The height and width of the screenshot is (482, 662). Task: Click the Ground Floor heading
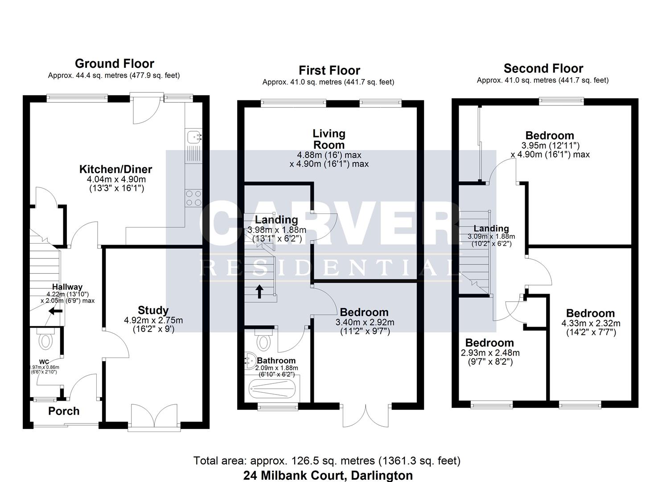pos(114,63)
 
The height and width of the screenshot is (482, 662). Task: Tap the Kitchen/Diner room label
pos(115,169)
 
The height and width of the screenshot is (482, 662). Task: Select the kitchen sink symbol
pos(194,137)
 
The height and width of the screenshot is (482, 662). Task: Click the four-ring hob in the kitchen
pos(193,198)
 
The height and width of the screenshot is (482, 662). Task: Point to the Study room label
pos(153,310)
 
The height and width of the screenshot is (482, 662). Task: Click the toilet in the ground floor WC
pos(45,341)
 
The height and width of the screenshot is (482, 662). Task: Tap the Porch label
pos(64,411)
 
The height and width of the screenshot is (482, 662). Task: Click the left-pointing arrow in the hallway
pos(55,311)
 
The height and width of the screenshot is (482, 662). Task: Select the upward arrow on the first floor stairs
pos(259,292)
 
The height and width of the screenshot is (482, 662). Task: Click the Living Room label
pos(329,139)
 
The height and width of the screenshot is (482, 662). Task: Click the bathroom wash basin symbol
pos(251,361)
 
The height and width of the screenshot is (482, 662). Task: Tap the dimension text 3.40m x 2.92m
pos(365,322)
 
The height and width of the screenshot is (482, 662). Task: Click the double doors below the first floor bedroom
pos(366,415)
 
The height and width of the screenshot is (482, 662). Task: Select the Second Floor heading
pos(543,68)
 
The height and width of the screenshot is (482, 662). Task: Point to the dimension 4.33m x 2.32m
pos(591,323)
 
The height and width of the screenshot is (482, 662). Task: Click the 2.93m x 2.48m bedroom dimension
pos(490,353)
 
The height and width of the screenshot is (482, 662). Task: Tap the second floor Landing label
pos(491,229)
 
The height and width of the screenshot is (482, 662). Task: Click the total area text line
pos(327,461)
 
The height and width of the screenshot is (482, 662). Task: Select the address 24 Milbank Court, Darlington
pos(328,475)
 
